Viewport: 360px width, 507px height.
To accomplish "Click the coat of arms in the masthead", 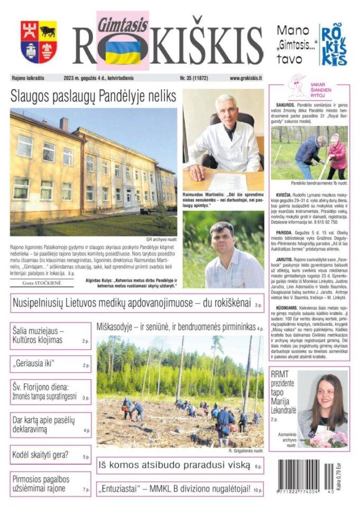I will click(x=39, y=42).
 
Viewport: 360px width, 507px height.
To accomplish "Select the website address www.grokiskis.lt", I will click(x=246, y=78).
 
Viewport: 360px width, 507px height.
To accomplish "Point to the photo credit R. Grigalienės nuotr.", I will click(x=246, y=451).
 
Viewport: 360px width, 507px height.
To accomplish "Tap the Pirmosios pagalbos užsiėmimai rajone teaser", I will click(x=50, y=483).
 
